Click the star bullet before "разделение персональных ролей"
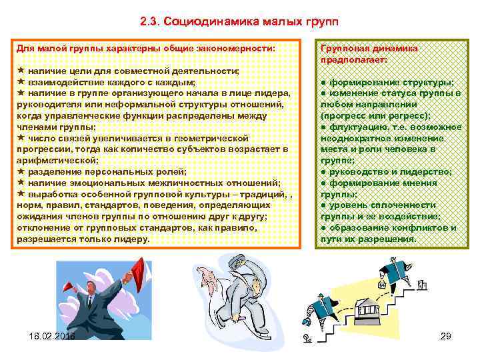click(x=21, y=171)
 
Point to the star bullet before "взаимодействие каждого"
click(x=21, y=81)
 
